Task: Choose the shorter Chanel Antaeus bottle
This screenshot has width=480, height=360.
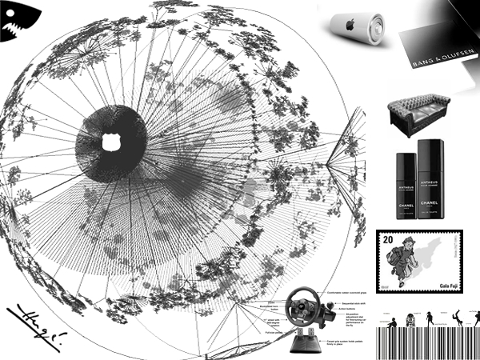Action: point(403,188)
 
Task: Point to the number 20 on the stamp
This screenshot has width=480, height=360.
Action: point(388,240)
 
